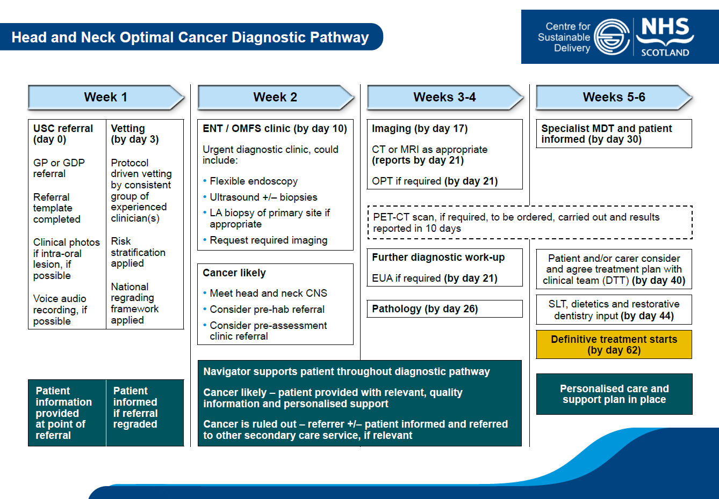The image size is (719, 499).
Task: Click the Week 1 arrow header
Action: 106,97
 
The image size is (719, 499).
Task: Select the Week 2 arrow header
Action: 275,97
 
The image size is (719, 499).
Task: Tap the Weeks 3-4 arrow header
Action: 444,97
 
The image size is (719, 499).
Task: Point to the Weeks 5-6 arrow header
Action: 614,97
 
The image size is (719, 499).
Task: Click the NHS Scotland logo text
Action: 665,36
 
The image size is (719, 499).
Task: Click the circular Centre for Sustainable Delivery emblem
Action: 612,37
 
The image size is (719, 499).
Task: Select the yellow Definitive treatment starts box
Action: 614,344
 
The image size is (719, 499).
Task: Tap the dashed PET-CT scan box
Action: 529,223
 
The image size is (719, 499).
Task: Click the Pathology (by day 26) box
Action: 444,309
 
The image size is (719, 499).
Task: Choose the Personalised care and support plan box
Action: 614,394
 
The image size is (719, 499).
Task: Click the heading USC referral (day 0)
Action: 63,134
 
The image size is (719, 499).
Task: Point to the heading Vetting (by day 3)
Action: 134,134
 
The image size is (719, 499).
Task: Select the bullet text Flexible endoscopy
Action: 254,181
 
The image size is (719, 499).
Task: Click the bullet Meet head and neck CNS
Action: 268,293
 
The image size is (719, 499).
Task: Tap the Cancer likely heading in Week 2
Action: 234,273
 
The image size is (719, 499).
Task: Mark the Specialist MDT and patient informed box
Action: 614,134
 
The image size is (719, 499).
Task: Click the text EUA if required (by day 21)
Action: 434,278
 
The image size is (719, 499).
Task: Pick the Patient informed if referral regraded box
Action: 135,408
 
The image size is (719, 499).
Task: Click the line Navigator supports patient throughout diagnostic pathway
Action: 347,372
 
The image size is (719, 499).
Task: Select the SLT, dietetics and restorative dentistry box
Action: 614,310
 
